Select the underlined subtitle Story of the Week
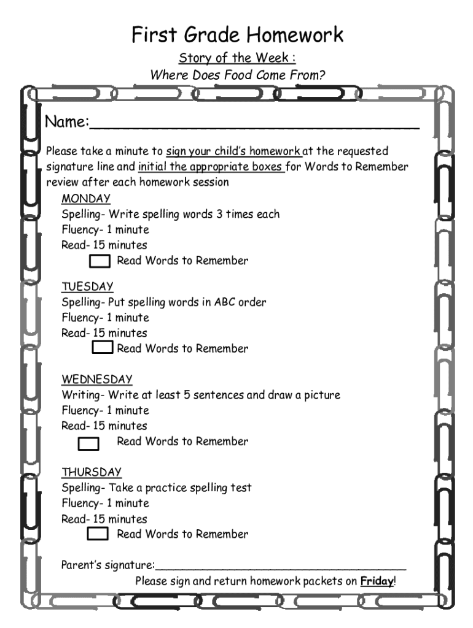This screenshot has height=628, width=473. (237, 59)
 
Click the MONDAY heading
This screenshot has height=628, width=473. (85, 199)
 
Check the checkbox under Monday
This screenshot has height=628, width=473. (101, 261)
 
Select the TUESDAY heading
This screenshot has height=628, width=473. (87, 286)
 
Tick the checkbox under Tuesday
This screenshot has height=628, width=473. (103, 348)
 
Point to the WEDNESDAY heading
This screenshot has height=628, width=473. (97, 379)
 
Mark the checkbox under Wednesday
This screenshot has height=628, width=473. (89, 442)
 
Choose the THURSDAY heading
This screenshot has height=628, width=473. (92, 472)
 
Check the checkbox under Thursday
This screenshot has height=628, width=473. (98, 534)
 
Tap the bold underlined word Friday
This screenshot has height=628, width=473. (377, 581)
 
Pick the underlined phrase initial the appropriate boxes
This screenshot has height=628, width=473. (211, 167)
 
